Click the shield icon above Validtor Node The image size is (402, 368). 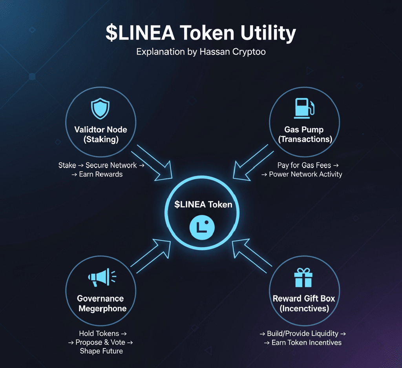point(100,109)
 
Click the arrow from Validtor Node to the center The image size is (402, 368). point(155,163)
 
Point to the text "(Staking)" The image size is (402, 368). point(100,139)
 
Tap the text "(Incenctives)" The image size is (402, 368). point(304,308)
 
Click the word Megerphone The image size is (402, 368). point(102,308)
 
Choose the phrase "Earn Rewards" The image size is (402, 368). point(101,174)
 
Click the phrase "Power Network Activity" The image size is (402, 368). point(305,174)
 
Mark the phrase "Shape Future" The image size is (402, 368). point(101,351)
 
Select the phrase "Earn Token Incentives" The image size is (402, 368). point(306,342)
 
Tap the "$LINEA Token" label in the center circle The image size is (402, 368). point(203,204)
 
